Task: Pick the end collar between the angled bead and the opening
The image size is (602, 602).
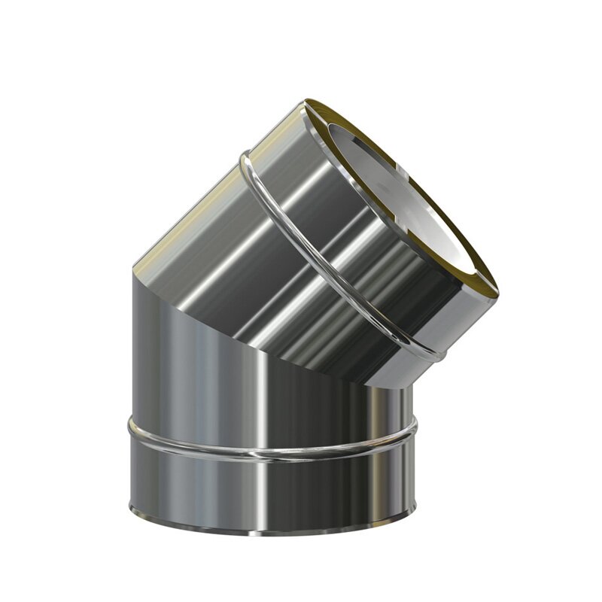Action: [376, 248]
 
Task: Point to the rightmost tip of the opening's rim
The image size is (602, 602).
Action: [497, 290]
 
